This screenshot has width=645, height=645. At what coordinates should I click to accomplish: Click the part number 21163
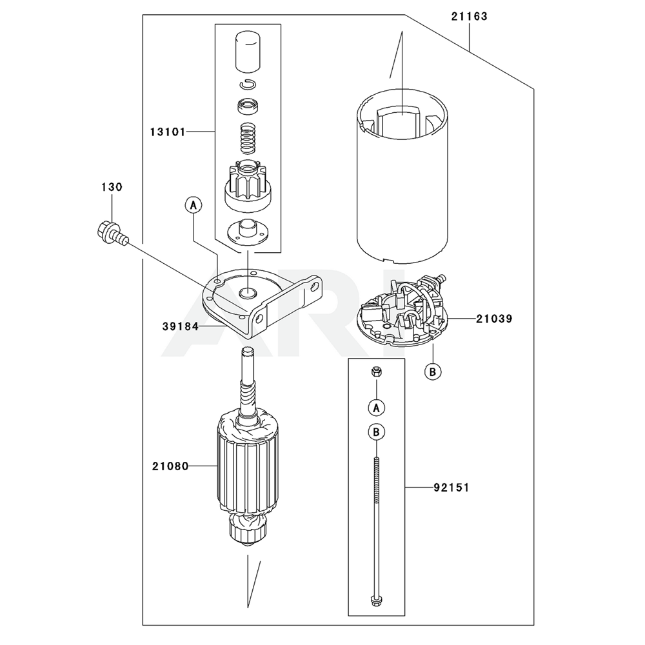click(x=469, y=17)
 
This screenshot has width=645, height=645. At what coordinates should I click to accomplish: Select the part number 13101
click(x=168, y=132)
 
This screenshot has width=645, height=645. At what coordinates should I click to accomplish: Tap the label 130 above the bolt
click(x=112, y=187)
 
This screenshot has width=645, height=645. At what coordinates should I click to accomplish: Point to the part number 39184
click(x=180, y=326)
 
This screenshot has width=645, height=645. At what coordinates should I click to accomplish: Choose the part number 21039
click(x=494, y=319)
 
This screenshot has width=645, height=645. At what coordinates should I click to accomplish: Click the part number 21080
click(x=170, y=466)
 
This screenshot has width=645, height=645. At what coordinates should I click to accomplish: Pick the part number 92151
click(x=451, y=488)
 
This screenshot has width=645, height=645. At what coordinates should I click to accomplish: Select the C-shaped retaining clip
click(x=248, y=83)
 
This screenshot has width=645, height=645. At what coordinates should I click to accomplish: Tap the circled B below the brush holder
click(x=433, y=372)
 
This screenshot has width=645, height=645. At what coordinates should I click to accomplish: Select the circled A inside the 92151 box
click(x=377, y=408)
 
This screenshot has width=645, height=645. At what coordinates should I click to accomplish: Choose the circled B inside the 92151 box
click(x=377, y=432)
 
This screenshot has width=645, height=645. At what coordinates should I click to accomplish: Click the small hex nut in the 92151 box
click(x=376, y=372)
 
